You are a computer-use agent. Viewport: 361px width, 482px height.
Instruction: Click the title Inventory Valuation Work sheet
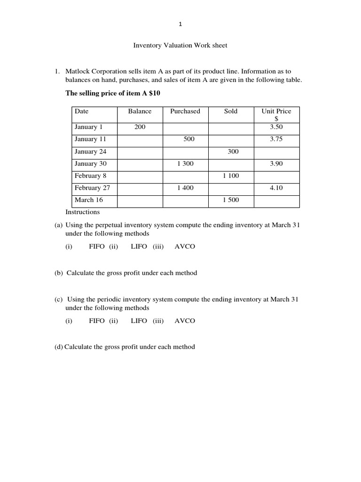tap(180, 46)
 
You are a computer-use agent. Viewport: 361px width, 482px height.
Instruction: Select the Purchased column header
tap(185, 112)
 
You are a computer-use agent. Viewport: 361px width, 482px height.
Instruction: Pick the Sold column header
tap(231, 112)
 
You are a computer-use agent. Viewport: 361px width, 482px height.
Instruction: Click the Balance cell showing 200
tap(140, 127)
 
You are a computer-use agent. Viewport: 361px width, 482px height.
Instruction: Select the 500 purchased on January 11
tap(189, 139)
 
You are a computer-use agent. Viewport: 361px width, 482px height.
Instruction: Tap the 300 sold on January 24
tap(233, 152)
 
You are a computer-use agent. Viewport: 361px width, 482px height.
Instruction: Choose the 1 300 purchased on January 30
tap(185, 164)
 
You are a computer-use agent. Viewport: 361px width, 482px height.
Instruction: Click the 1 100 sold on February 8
tap(231, 176)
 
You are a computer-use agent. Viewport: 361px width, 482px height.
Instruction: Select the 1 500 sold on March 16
tap(231, 200)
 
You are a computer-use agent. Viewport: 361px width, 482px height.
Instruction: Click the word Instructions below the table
tap(82, 212)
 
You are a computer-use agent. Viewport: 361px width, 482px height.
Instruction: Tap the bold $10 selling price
tap(155, 93)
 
